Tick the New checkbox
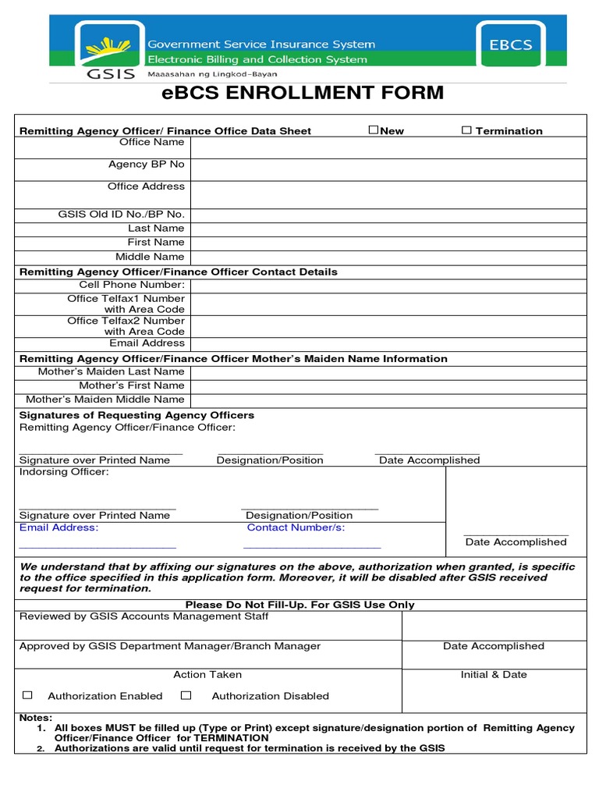click(x=374, y=130)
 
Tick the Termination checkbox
click(x=466, y=130)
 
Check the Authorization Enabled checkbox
click(x=27, y=694)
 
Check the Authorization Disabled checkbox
click(x=186, y=694)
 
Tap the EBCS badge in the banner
click(x=511, y=46)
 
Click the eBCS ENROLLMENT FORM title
click(x=302, y=94)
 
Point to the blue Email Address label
click(x=58, y=527)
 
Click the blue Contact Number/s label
click(x=296, y=527)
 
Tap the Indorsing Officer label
click(x=64, y=472)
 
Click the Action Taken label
click(x=207, y=674)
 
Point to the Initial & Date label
click(x=494, y=674)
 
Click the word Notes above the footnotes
click(x=36, y=717)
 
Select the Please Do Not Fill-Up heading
click(x=300, y=605)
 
